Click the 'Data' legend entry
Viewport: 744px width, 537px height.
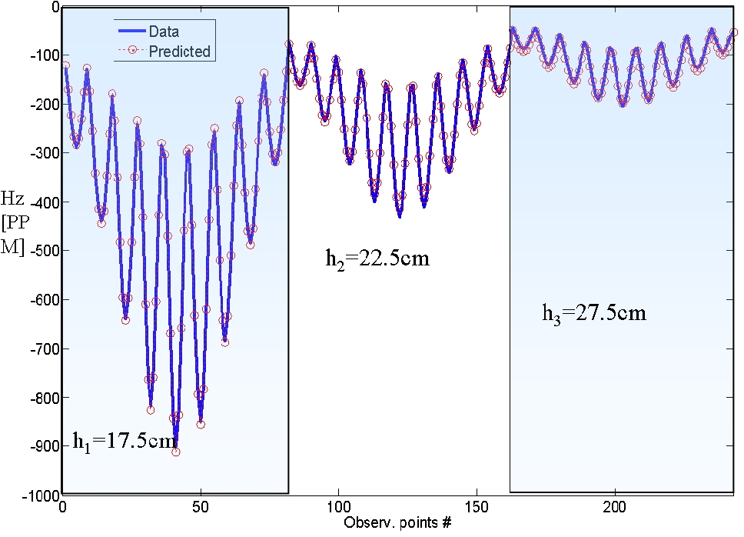pyautogui.click(x=163, y=32)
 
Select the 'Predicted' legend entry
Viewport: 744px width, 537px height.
pyautogui.click(x=179, y=52)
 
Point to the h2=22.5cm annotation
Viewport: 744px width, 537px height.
pyautogui.click(x=377, y=258)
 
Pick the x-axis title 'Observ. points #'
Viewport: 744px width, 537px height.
pyautogui.click(x=397, y=523)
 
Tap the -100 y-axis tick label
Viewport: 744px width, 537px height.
pyautogui.click(x=40, y=55)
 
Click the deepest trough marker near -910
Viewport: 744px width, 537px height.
pyautogui.click(x=176, y=452)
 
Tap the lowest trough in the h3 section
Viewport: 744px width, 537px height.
pyautogui.click(x=623, y=103)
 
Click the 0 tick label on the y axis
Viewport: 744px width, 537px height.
pyautogui.click(x=54, y=7)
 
